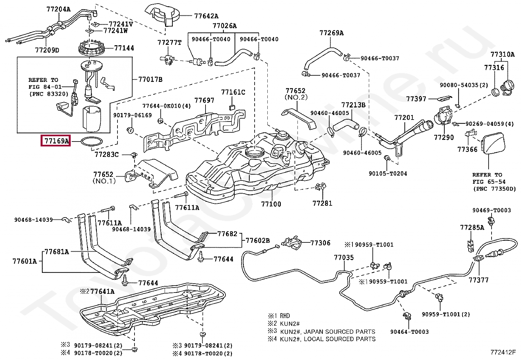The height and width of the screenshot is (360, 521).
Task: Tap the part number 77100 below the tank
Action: tap(271, 204)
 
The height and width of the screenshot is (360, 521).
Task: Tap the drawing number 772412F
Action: tap(503, 352)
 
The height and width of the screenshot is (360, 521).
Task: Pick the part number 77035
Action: tap(344, 257)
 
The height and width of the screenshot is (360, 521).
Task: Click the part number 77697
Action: tap(205, 100)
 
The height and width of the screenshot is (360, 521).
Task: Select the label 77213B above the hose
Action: tap(353, 105)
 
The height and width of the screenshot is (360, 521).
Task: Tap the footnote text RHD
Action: tap(285, 316)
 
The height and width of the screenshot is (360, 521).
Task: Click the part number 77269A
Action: tap(332, 33)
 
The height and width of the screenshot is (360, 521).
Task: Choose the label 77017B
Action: tap(150, 79)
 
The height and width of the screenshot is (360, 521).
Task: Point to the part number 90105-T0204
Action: tap(388, 173)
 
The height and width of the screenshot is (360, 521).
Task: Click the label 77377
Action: tap(478, 280)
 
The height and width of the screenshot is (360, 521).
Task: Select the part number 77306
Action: tap(320, 243)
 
